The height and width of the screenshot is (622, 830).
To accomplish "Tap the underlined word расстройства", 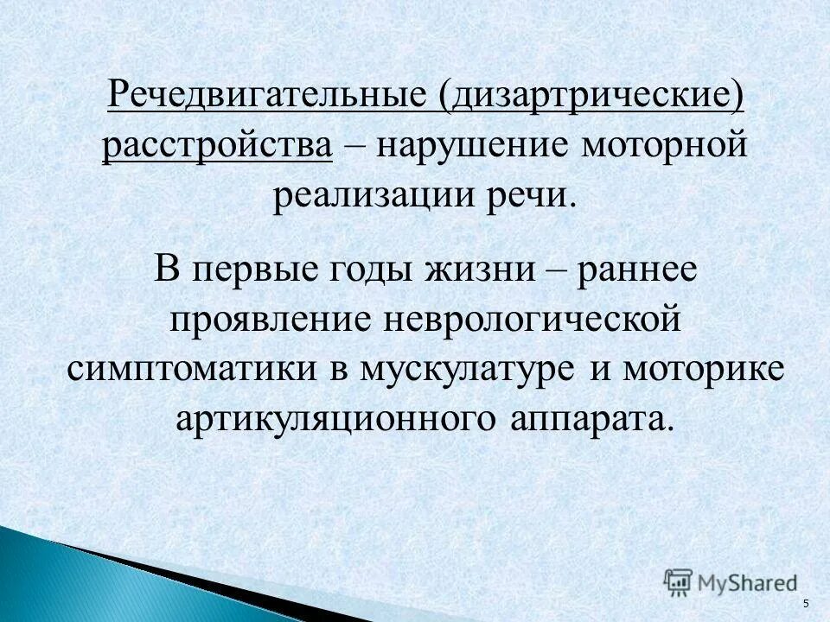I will coord(218,144).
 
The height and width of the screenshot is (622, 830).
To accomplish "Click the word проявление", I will coord(265,319).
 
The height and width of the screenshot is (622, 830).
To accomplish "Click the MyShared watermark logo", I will coord(731,581).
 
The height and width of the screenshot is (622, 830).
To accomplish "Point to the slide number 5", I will coord(806,604).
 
